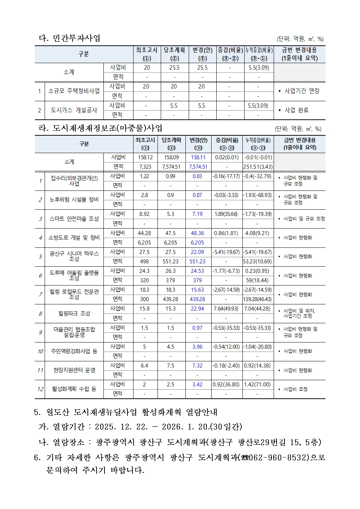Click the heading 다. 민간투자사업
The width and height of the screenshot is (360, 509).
coord(69,38)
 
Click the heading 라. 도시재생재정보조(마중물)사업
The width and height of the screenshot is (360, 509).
coord(101,128)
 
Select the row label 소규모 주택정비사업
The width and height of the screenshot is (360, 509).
coord(74,91)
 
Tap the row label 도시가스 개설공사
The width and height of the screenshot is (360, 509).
coord(74,110)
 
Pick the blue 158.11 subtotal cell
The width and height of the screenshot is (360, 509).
coord(198,157)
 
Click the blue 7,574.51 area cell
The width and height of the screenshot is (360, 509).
coord(198,167)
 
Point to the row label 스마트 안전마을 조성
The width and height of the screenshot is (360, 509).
coord(74,219)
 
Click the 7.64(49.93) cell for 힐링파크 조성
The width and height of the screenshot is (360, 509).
coord(226,309)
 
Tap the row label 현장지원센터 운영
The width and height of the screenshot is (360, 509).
coord(74,370)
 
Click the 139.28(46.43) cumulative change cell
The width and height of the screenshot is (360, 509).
coord(258,299)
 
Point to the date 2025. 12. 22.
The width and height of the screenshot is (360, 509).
coord(117,427)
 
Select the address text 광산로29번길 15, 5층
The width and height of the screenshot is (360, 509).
coord(279,442)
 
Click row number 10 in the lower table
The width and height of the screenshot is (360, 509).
coord(40,351)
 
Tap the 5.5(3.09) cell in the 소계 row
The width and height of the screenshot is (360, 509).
coord(258,67)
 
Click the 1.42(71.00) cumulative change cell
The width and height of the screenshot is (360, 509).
coord(258,384)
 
